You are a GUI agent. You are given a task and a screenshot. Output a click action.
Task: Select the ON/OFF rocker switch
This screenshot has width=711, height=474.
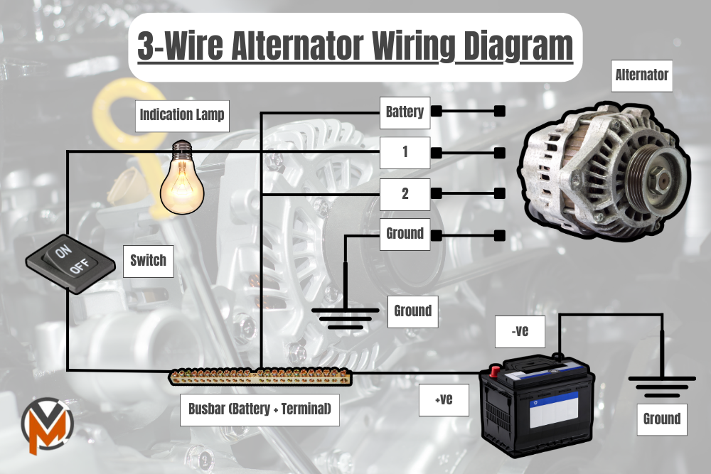pyautogui.click(x=71, y=263)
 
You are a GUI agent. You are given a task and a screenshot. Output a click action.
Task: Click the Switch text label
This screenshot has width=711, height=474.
pyautogui.click(x=148, y=261)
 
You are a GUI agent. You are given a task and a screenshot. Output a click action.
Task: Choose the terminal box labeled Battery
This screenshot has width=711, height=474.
pyautogui.click(x=405, y=112)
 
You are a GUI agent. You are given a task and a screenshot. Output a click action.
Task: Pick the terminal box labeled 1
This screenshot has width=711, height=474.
pyautogui.click(x=405, y=153)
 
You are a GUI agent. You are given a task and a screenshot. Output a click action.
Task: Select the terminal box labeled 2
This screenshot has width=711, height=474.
pyautogui.click(x=405, y=193)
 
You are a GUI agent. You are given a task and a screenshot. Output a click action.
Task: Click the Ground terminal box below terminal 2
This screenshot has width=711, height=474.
pyautogui.click(x=405, y=234)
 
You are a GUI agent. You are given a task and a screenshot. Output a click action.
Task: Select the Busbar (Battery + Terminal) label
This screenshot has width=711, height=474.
pyautogui.click(x=260, y=410)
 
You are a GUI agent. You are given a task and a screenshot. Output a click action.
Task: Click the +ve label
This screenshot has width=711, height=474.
pyautogui.click(x=444, y=399)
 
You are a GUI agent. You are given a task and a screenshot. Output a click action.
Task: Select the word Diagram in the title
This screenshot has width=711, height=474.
pyautogui.click(x=513, y=47)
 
